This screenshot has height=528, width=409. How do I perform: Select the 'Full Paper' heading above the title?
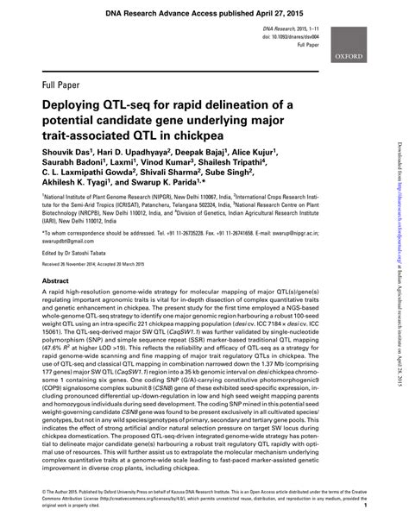click(x=61, y=85)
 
